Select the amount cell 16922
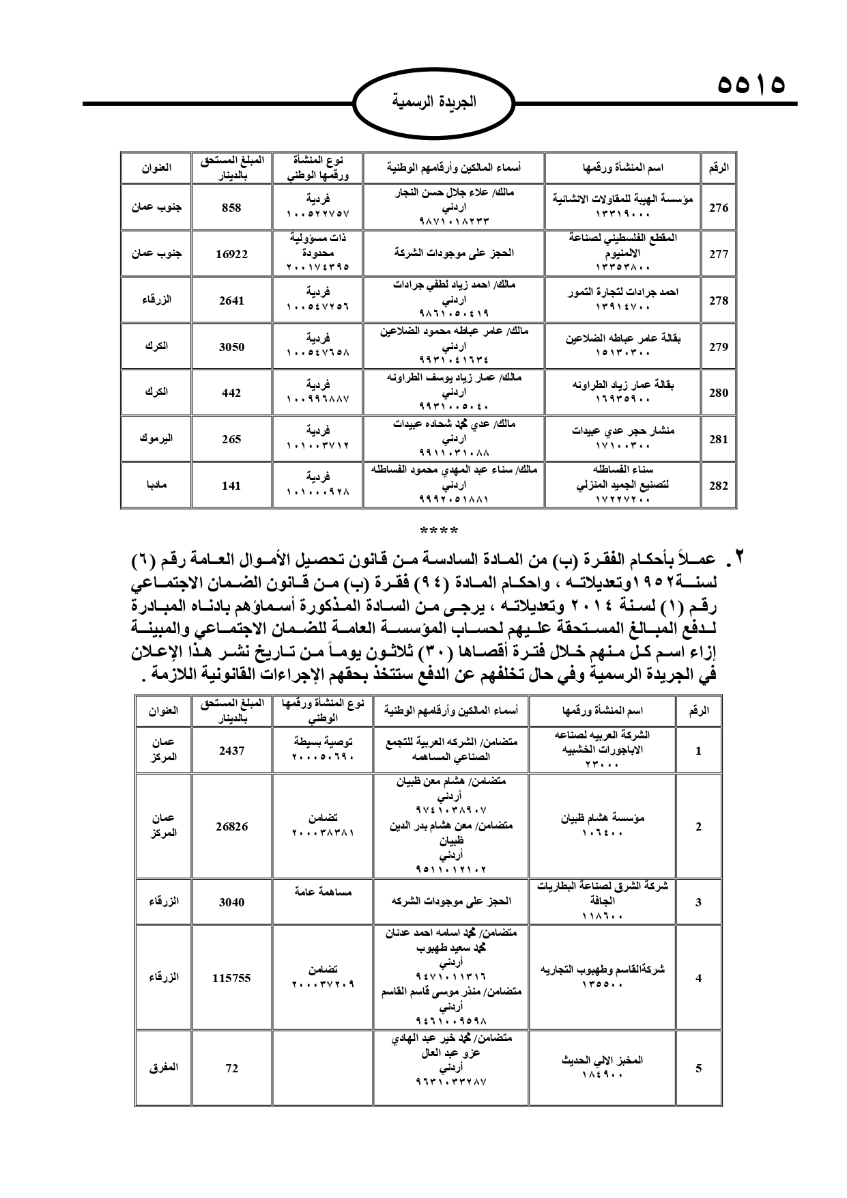[x=231, y=254]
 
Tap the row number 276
[x=718, y=208]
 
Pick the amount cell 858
[x=231, y=208]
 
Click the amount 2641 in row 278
[x=231, y=301]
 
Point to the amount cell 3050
[x=231, y=347]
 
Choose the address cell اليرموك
[x=156, y=439]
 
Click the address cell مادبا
[x=156, y=486]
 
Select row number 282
[x=718, y=486]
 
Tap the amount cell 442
[x=231, y=393]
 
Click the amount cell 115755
[x=231, y=978]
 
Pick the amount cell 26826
[x=231, y=826]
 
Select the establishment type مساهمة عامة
[x=323, y=891]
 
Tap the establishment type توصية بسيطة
[x=323, y=740]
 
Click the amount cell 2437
[x=231, y=751]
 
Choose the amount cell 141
[x=231, y=486]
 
